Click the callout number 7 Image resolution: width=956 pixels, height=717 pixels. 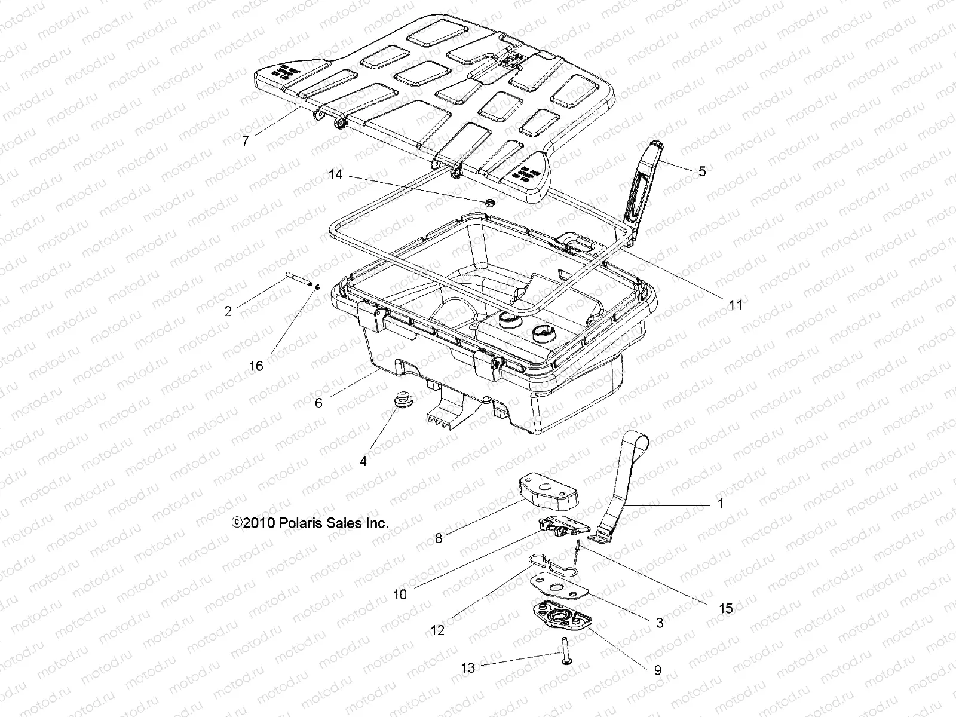(245, 142)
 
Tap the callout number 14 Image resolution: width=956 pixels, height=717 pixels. (336, 174)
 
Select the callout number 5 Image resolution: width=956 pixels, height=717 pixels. (702, 171)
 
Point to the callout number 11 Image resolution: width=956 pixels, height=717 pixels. (736, 305)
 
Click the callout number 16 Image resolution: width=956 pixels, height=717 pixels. (256, 366)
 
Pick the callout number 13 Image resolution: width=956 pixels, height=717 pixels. (468, 667)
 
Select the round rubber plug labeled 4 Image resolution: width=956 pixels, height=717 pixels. (397, 399)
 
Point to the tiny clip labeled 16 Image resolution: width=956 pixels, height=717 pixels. (318, 286)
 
